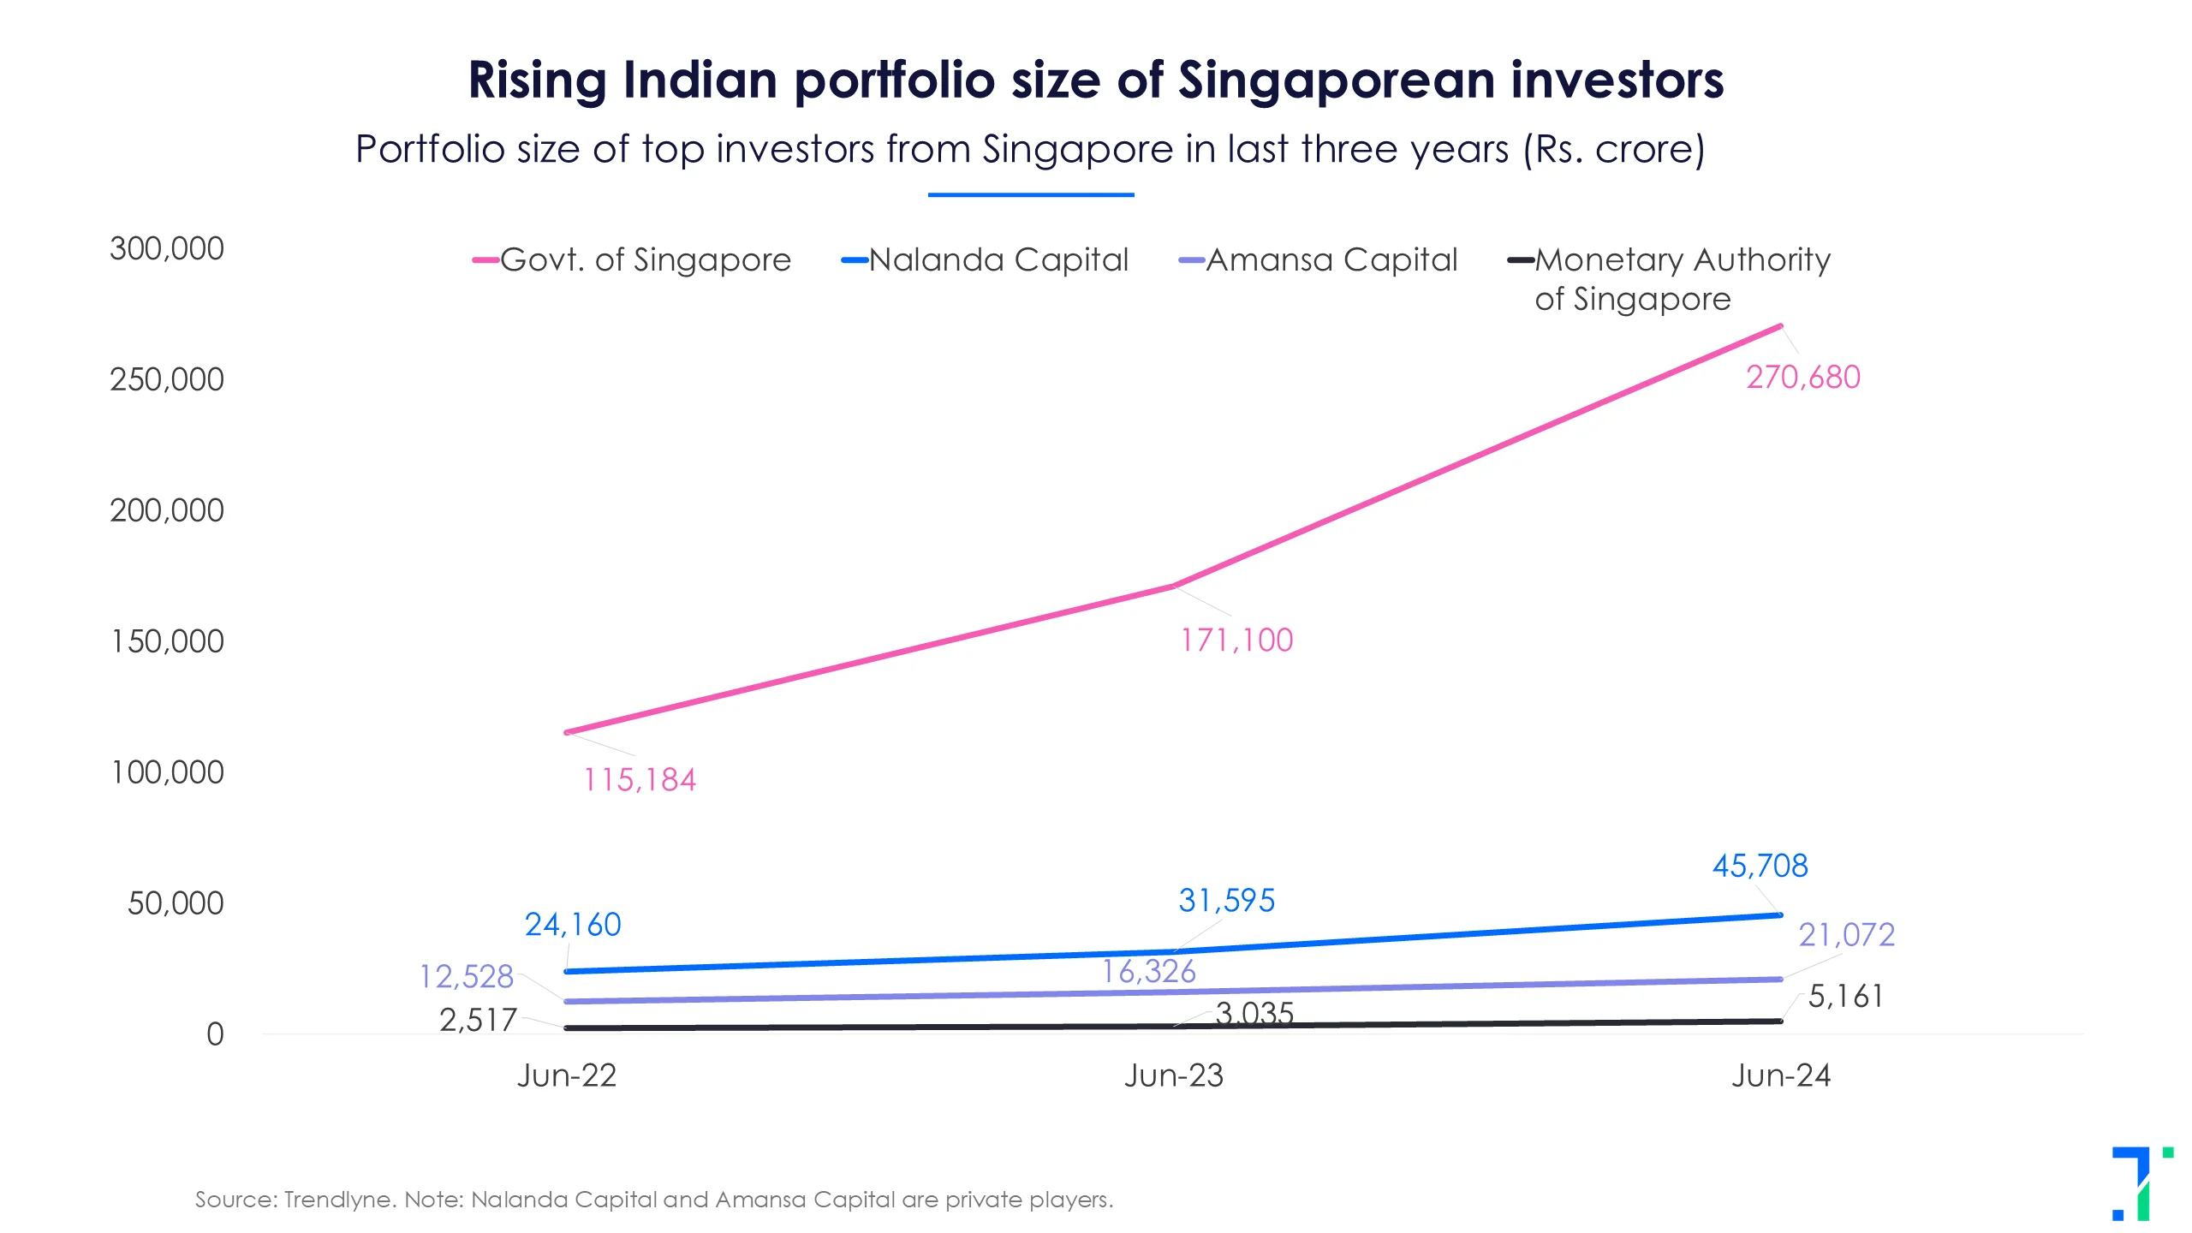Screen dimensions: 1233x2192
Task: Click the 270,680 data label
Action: click(x=1803, y=378)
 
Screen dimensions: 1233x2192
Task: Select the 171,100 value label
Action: click(x=1236, y=640)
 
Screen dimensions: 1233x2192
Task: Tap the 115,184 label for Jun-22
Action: click(x=640, y=780)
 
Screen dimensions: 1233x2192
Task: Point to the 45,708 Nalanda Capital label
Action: click(x=1760, y=866)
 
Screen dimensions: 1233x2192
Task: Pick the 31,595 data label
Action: click(x=1226, y=901)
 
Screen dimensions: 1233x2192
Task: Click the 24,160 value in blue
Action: click(x=573, y=925)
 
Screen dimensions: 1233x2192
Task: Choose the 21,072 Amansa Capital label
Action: click(x=1846, y=935)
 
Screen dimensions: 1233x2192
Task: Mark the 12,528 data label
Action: click(x=466, y=977)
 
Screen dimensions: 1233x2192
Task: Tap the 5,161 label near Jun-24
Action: click(x=1845, y=997)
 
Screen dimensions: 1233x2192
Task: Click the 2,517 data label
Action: click(x=478, y=1021)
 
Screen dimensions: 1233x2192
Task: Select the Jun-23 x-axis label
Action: click(x=1174, y=1076)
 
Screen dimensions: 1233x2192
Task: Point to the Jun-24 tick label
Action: click(x=1781, y=1076)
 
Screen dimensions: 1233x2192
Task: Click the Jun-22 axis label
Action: click(x=567, y=1076)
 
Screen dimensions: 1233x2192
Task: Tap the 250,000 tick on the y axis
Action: click(x=167, y=380)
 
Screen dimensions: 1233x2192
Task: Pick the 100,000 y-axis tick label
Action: click(x=167, y=773)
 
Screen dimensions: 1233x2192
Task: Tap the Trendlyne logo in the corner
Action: click(x=2141, y=1183)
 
